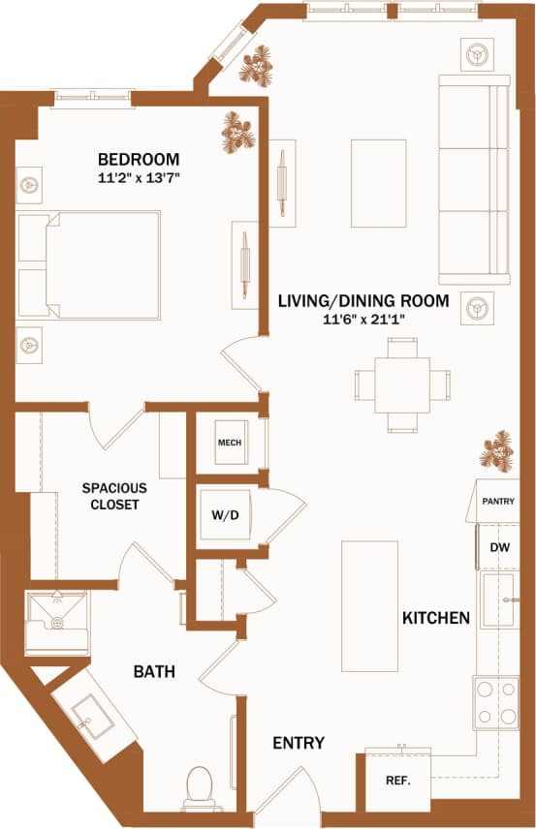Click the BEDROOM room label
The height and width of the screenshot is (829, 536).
tap(139, 159)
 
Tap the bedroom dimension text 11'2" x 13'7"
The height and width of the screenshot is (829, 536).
tap(139, 178)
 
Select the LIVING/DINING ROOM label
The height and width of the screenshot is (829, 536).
tap(363, 301)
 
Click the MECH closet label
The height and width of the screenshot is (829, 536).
tap(229, 443)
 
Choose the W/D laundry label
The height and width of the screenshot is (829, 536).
tap(225, 515)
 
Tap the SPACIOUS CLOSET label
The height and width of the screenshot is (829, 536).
tap(110, 496)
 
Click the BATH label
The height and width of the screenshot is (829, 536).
tap(154, 670)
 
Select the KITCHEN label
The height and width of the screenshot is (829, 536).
tap(436, 618)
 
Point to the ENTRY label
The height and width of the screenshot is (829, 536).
tap(299, 743)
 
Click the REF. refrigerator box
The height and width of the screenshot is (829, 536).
tap(397, 781)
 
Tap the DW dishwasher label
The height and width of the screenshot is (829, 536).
tap(499, 548)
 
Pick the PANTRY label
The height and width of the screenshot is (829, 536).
tap(498, 502)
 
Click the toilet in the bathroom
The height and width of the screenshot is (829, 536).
tap(199, 785)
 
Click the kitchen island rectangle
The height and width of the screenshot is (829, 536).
tap(369, 605)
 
